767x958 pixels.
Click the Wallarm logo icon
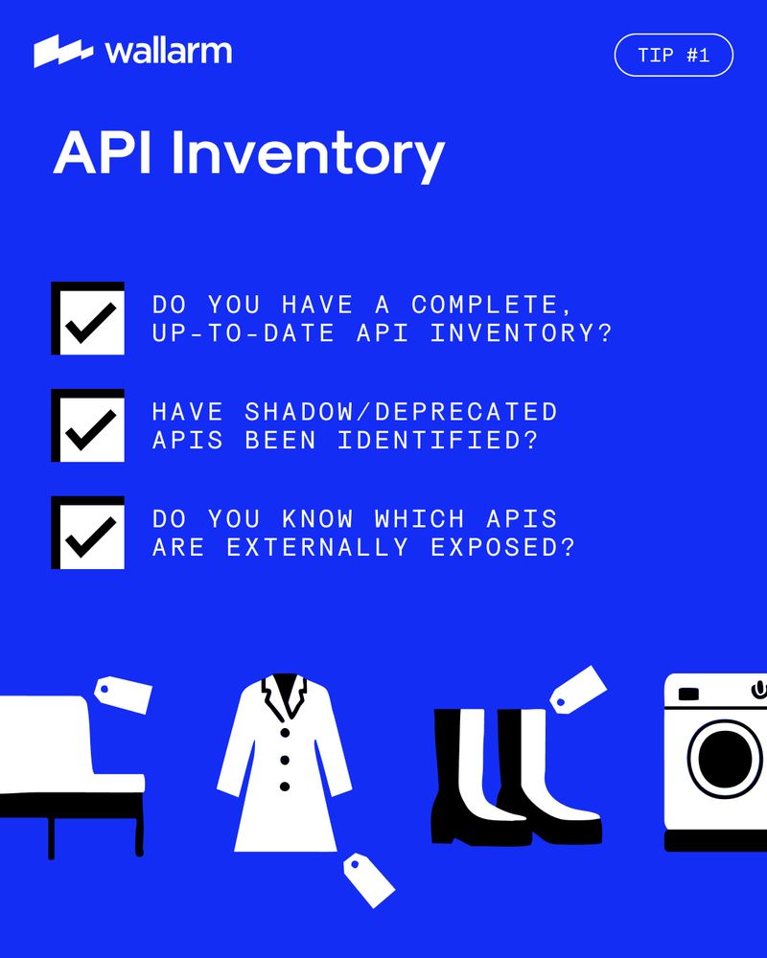coord(63,51)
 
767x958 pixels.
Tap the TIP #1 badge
coord(673,55)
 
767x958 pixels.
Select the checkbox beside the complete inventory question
coord(87,318)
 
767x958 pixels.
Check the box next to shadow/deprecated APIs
coord(87,425)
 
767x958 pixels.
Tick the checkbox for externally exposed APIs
coord(87,532)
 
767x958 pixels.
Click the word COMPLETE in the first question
coord(492,305)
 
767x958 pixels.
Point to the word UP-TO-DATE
coord(244,333)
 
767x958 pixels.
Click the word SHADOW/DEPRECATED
coord(402,412)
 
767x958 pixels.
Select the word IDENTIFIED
coord(438,440)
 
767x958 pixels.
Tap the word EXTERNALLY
coord(317,547)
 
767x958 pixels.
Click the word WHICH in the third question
coord(420,518)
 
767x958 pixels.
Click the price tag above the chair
coord(123,695)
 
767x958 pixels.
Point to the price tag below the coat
coord(369,879)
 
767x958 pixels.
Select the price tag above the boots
coord(578,689)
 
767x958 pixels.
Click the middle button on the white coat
coord(285,760)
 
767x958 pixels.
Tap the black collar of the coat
coord(285,694)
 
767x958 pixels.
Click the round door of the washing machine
coord(725,759)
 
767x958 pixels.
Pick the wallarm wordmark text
coord(168,52)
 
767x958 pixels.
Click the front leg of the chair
coord(52,837)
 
